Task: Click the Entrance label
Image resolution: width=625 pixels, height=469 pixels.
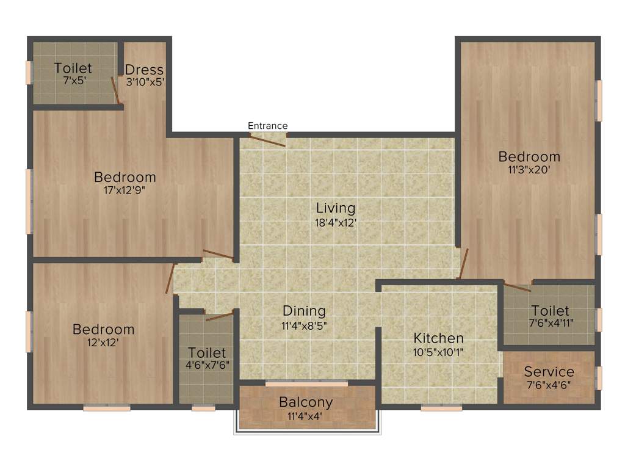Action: point(267,126)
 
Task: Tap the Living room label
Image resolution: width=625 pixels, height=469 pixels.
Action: point(335,208)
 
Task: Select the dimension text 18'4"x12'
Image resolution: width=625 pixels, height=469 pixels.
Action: point(335,223)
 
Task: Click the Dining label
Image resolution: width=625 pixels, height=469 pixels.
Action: point(303,311)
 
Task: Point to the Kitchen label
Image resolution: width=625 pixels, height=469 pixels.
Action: point(438,338)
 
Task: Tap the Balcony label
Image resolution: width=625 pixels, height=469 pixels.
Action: point(306,402)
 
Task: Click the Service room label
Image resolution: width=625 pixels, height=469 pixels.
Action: point(549,371)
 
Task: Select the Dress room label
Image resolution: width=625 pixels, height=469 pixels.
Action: point(144,69)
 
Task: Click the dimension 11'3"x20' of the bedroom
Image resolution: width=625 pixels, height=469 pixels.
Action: point(529,170)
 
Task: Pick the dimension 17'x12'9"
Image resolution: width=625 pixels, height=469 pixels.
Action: point(125,190)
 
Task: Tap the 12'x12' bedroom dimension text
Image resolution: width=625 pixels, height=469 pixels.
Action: point(103,343)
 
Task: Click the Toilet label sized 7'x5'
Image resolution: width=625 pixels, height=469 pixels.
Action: point(73,68)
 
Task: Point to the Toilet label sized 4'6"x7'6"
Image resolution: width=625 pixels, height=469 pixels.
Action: point(207,353)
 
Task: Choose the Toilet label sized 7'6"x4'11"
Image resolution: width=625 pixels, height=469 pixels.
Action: point(550,311)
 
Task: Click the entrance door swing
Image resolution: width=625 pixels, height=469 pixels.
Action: point(269,140)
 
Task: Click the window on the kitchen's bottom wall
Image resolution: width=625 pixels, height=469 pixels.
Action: point(441,408)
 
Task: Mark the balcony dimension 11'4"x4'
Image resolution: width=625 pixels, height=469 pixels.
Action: point(306,416)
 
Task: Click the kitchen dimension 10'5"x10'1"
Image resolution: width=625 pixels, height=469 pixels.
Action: point(438,352)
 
